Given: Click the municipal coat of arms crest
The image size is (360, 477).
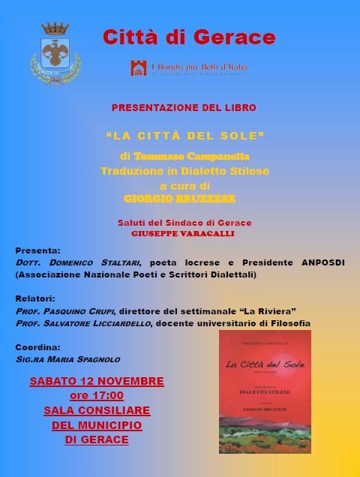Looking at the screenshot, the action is (x=54, y=57).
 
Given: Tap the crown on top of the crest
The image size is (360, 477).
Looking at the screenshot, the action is (x=54, y=29).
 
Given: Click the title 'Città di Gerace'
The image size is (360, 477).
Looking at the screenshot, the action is (x=188, y=37).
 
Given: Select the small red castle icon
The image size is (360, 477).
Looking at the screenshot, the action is (x=139, y=68).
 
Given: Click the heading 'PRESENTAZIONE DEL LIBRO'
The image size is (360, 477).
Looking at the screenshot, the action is (x=184, y=107).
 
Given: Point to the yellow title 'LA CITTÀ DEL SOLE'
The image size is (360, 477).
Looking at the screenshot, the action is (x=185, y=137).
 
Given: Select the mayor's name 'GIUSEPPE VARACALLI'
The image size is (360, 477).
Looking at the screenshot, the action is (x=184, y=234).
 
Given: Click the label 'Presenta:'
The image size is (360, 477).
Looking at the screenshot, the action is (x=37, y=250).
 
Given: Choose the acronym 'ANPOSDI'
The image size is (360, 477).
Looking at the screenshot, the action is (x=329, y=263).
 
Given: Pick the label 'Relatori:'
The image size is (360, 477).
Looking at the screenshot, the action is (x=36, y=298).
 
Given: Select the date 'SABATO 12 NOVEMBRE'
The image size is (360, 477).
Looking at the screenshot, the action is (x=97, y=381).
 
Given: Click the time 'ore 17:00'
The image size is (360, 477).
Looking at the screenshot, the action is (x=97, y=395).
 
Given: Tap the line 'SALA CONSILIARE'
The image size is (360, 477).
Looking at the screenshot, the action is (x=97, y=410).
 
